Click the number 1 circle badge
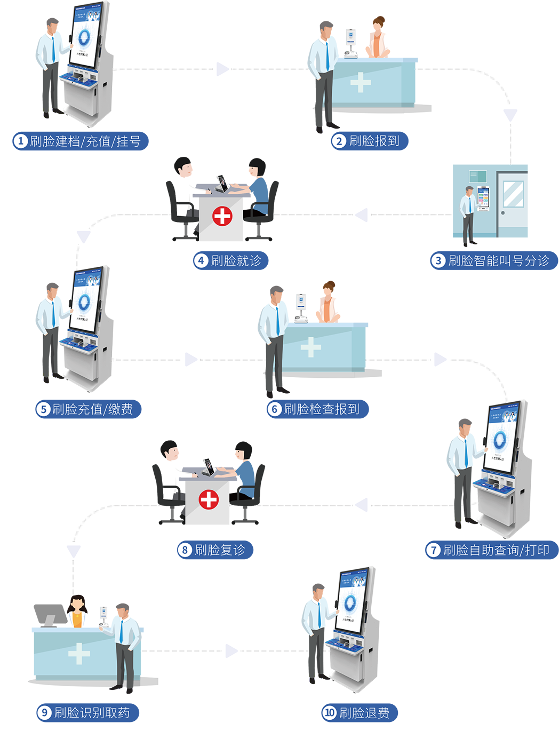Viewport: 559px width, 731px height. pos(20,141)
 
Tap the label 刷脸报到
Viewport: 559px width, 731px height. pos(374,141)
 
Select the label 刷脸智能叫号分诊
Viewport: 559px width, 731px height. pos(498,261)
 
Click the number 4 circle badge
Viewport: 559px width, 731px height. pos(201,261)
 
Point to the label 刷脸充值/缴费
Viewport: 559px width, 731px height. pos(92,409)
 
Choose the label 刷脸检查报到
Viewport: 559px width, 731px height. pos(321,409)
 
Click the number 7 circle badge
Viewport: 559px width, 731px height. pos(433,550)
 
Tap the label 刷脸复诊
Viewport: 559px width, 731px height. pos(220,550)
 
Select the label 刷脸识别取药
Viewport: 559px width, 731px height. pos(92,713)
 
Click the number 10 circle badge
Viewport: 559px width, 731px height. pos(330,713)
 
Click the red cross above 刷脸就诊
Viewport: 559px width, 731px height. pos(222,216)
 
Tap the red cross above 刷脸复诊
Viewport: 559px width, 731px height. pos(209,500)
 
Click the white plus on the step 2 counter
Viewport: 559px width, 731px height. pos(361,82)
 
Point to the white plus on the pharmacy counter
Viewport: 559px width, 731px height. pos(79,653)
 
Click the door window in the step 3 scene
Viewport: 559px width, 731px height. pos(513,194)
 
